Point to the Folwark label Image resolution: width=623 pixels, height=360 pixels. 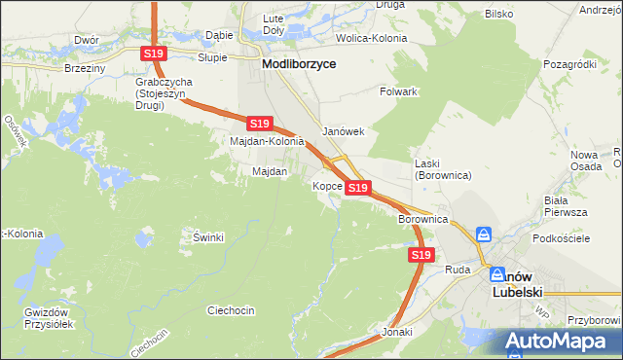coord(398,91)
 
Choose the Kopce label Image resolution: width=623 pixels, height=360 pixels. coord(326,186)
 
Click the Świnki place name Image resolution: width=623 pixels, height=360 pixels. coord(208,237)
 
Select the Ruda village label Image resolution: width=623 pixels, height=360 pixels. coord(458,270)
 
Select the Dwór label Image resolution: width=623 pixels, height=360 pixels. coord(87,40)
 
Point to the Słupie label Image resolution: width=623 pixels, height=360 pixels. coord(212,57)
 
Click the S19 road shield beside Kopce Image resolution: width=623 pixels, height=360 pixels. coord(357,187)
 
